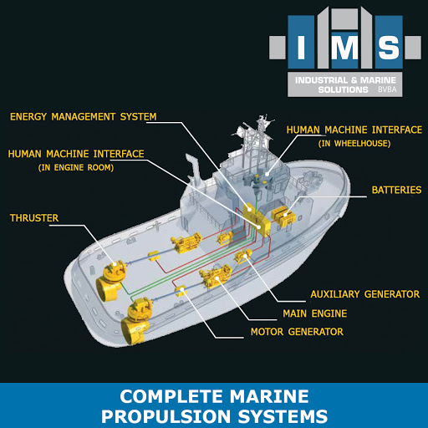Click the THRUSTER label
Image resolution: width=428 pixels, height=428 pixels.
coord(34,218)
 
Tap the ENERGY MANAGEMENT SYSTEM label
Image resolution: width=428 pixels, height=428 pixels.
coord(84,117)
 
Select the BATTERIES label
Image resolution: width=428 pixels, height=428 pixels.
coord(396,190)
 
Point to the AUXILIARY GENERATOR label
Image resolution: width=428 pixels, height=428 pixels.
coord(365,294)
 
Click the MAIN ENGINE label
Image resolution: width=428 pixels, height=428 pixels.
coord(315,313)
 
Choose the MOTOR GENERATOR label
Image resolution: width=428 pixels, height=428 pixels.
coord(297,332)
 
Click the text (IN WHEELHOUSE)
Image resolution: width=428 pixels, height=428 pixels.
coord(354,144)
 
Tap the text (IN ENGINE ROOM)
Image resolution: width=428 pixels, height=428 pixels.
coord(76,168)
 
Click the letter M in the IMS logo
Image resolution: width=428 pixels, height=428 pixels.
coord(344,48)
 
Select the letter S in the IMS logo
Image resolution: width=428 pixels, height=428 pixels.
coord(389,48)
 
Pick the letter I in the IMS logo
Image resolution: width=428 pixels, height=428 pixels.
coord(301,48)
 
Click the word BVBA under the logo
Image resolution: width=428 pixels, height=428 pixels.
coord(387,89)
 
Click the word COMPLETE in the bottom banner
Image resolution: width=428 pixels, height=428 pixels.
coord(173,396)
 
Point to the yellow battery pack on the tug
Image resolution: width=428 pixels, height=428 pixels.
coord(283,216)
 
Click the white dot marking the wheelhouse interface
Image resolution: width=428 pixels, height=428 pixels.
coord(267,175)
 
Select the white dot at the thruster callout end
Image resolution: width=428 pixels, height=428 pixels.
coord(115,264)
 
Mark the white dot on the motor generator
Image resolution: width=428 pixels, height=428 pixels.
coord(182,290)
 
